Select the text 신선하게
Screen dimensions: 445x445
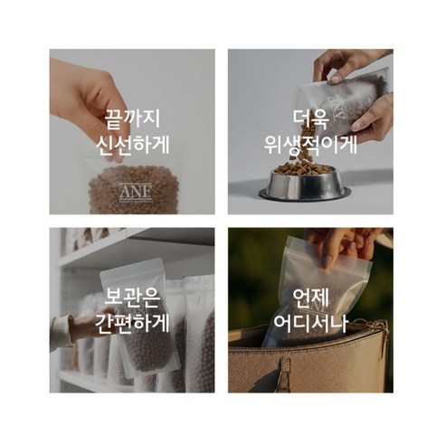[132, 145]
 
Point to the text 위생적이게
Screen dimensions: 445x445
[310, 145]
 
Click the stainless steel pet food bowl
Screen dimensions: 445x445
[304, 186]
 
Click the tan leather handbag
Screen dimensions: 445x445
[308, 366]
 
